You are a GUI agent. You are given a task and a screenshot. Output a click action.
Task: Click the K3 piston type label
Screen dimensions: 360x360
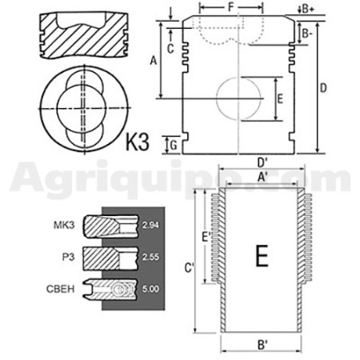point(137,142)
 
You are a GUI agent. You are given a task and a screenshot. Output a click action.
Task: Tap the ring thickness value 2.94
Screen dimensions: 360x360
point(150,226)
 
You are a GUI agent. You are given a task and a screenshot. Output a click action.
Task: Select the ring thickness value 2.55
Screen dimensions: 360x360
point(150,257)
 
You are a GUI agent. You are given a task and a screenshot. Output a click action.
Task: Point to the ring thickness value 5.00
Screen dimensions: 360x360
point(150,289)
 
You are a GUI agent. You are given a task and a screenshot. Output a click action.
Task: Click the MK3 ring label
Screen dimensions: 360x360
point(64,226)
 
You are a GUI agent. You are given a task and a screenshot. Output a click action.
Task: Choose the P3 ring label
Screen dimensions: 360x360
point(68,257)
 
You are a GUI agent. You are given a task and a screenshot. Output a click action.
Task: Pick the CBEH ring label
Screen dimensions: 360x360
point(61,289)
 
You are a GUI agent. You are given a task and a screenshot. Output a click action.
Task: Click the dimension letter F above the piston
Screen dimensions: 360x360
point(231,7)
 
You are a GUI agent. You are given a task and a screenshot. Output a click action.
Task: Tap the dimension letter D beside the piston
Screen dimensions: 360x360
point(323,88)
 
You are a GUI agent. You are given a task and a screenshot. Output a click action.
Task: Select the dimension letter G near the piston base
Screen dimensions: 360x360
point(174,146)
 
